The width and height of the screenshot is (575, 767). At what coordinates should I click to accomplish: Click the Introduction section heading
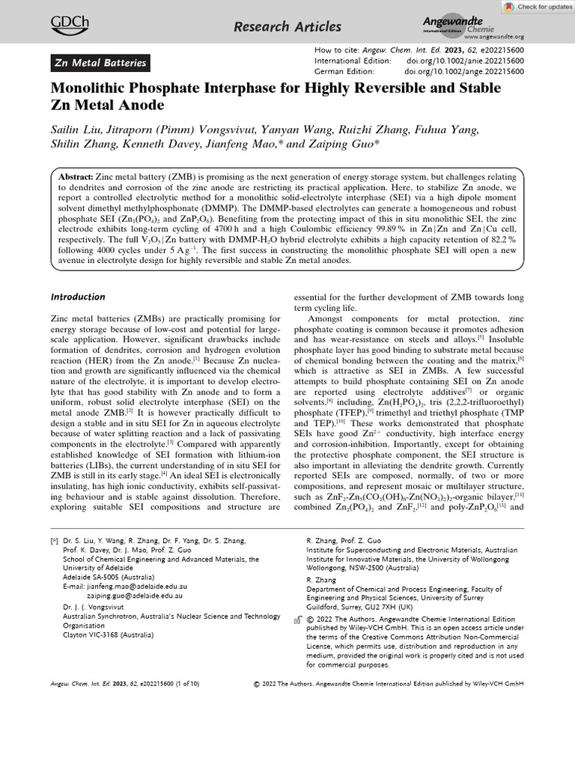tap(78, 297)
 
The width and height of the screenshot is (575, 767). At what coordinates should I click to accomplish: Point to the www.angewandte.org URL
tap(493, 36)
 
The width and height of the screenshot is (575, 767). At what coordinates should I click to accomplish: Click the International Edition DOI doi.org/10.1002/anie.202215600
tap(464, 60)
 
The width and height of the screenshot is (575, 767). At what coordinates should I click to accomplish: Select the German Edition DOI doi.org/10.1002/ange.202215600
tap(464, 71)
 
